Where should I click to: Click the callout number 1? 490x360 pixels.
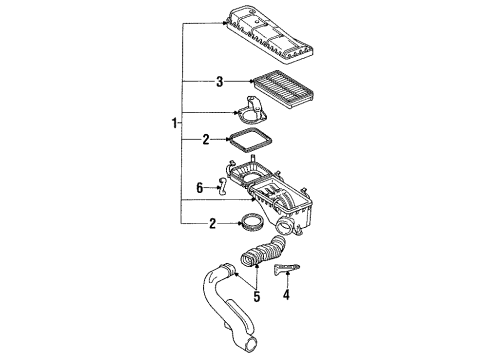click(x=173, y=124)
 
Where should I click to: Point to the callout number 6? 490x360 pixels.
click(x=199, y=186)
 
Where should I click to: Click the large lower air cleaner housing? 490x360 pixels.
click(x=290, y=201)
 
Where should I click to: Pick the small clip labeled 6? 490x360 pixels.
click(x=223, y=183)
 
